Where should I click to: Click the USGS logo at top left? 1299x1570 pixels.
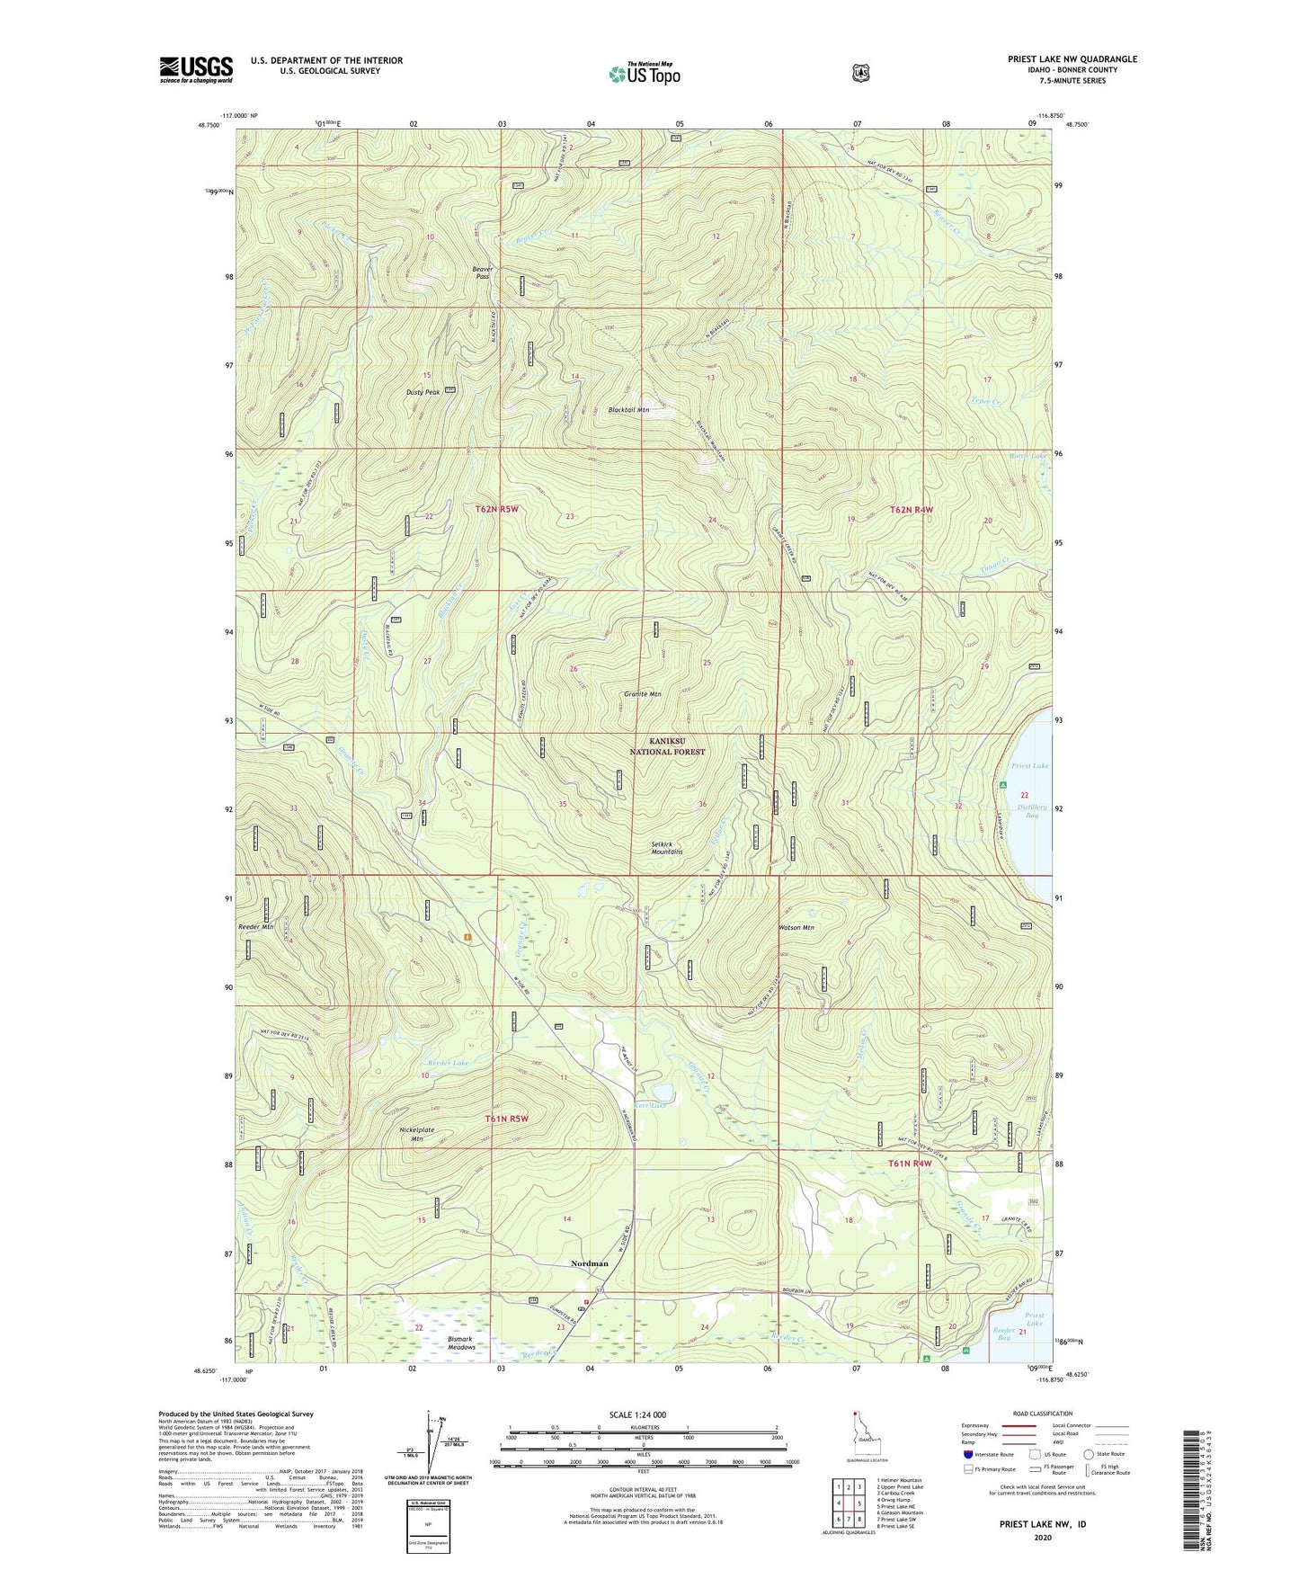[x=196, y=69]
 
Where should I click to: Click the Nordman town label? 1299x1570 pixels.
[x=590, y=1263]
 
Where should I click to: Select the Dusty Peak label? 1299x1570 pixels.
[x=422, y=392]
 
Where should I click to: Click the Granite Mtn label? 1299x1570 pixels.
[x=642, y=694]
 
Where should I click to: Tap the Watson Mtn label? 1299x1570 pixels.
[x=796, y=927]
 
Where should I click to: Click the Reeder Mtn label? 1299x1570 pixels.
[x=256, y=926]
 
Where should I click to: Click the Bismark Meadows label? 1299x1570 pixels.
[x=461, y=1343]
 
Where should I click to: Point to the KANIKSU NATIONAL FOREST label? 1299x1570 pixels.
[x=667, y=745]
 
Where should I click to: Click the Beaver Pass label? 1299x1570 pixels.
[x=483, y=272]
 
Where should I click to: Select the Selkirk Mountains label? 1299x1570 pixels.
[x=666, y=847]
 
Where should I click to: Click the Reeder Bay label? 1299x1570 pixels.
[x=1003, y=1334]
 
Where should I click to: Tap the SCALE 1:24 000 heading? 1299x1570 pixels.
[x=637, y=1414]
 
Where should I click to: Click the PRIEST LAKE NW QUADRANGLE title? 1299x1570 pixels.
[x=1072, y=59]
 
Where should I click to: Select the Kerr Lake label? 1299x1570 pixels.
[x=651, y=1105]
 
